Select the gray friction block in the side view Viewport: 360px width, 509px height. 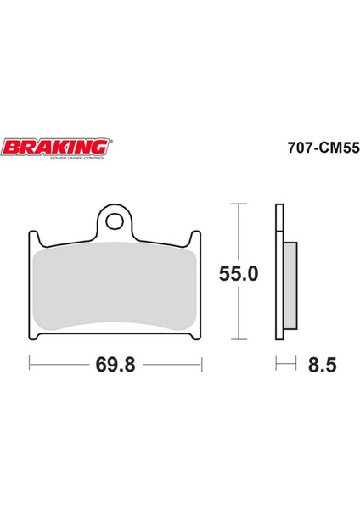pyautogui.click(x=290, y=287)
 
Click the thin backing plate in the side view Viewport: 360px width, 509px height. pyautogui.click(x=278, y=271)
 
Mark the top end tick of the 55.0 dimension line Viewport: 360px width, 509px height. pyautogui.click(x=239, y=204)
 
